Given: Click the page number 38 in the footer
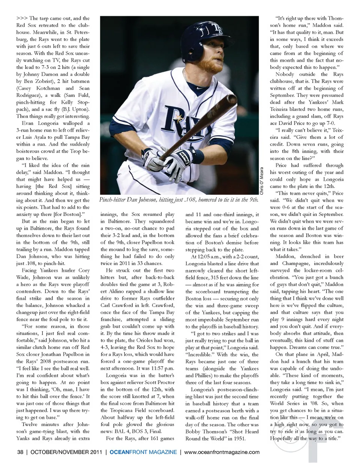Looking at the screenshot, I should [20, 452].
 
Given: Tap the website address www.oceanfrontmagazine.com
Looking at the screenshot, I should [222, 452].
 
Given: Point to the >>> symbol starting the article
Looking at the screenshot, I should [22, 18].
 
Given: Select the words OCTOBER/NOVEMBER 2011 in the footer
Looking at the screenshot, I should [66, 452].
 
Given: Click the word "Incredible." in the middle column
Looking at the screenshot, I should [199, 354].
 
